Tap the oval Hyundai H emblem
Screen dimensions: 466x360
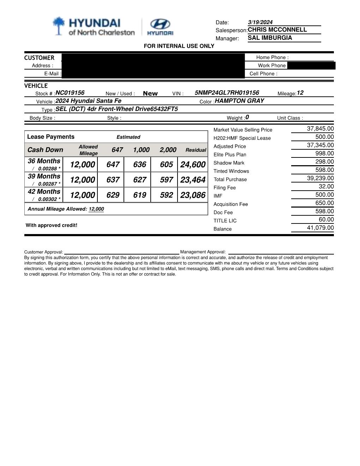(x=160, y=24)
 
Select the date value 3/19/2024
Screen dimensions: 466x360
(x=260, y=22)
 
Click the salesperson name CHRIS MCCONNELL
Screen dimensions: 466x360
(x=277, y=30)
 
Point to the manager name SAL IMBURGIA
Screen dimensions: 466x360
(x=270, y=38)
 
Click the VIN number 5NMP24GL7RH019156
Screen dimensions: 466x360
(x=227, y=93)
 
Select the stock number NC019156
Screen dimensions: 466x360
(x=70, y=93)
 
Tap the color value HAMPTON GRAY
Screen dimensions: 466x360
(x=239, y=101)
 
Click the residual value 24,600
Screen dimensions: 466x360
(x=193, y=165)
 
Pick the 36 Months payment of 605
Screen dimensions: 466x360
(x=166, y=165)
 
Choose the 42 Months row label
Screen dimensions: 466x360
(x=44, y=191)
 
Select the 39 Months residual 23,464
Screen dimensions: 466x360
(x=193, y=180)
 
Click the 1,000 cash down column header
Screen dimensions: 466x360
(x=141, y=150)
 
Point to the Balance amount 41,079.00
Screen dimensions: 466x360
(x=320, y=228)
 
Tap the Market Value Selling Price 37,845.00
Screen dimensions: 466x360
(x=320, y=129)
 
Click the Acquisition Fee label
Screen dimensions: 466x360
(x=230, y=204)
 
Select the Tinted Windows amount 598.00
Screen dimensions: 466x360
(x=324, y=170)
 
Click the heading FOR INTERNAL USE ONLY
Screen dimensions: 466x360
(x=179, y=46)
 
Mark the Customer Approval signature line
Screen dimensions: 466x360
(x=121, y=252)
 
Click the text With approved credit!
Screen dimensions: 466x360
(x=52, y=225)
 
